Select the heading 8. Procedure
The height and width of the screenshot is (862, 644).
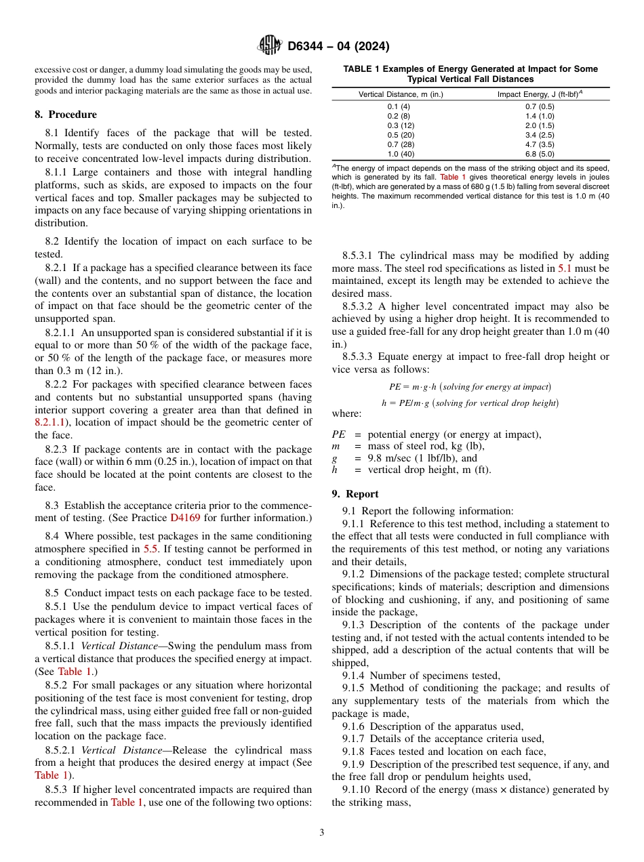click(x=66, y=115)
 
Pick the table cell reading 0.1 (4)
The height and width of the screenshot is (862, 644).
click(x=399, y=106)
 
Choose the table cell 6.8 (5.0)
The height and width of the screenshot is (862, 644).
click(x=540, y=154)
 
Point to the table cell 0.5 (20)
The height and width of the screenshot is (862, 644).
click(x=399, y=135)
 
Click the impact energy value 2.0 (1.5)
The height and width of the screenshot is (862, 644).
click(x=540, y=125)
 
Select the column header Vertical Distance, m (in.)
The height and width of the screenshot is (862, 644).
click(x=401, y=94)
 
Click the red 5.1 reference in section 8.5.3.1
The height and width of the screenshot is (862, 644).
click(x=564, y=268)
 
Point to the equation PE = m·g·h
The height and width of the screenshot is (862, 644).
click(x=470, y=386)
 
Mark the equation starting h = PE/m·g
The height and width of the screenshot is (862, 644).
click(x=470, y=403)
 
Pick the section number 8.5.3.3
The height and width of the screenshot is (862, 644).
click(x=359, y=356)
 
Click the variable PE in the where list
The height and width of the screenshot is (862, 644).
click(x=339, y=434)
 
